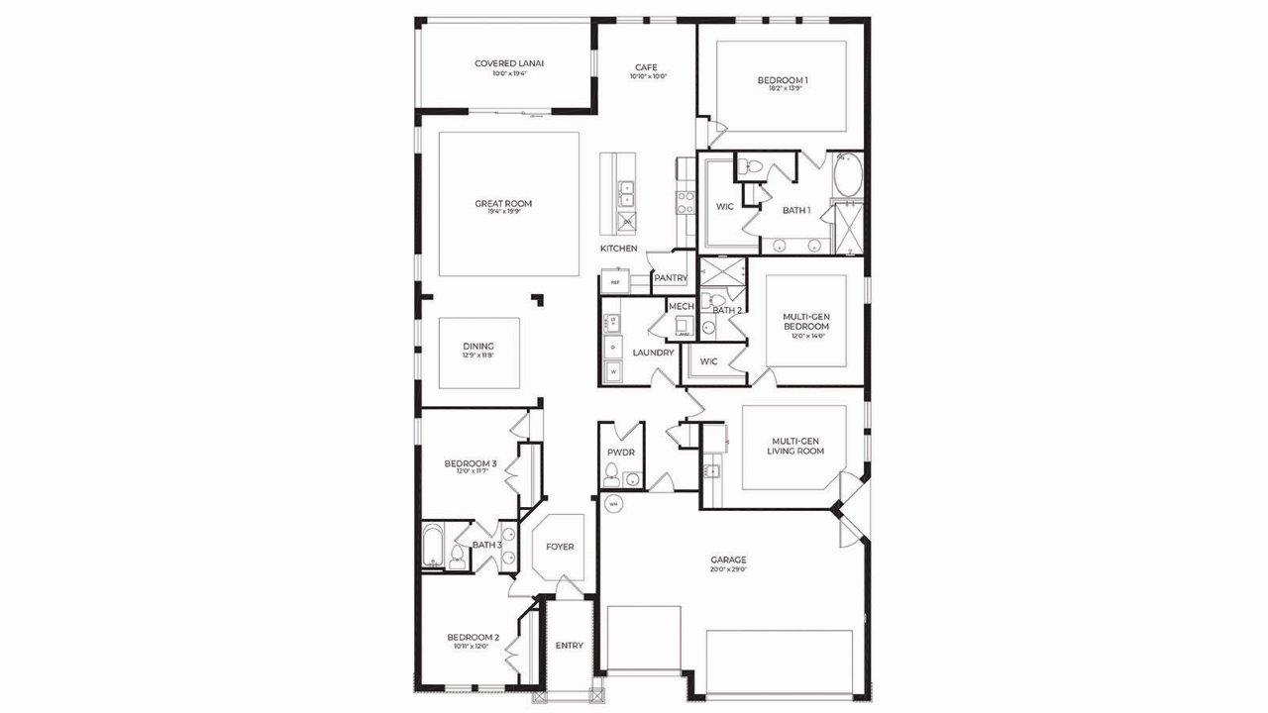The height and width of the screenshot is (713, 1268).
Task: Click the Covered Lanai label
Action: coord(508,63)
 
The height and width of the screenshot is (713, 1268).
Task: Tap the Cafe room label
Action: coord(646,67)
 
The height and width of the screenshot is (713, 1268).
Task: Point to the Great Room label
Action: coord(503,204)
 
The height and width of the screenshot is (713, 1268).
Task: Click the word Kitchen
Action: coord(619,249)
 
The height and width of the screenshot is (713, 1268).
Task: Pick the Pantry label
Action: coord(670,279)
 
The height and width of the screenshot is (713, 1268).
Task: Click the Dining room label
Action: coord(477,347)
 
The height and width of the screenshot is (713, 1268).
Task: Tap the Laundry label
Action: coord(653,353)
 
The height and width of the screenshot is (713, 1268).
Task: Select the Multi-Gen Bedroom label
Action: coord(806,322)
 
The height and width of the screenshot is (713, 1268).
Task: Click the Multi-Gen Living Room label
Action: coord(795,446)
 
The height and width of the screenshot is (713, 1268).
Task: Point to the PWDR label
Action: coord(621,453)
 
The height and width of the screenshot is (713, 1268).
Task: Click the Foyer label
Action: coord(560,547)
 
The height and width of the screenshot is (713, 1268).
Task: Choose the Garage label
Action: coord(728,560)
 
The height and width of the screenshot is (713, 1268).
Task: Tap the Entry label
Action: coord(569,646)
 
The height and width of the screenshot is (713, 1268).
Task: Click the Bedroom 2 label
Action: coord(473,638)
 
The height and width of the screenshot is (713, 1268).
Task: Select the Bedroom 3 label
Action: coord(470,463)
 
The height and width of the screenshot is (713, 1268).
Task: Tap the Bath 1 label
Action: coord(796,210)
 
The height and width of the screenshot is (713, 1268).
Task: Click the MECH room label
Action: coord(682,307)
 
